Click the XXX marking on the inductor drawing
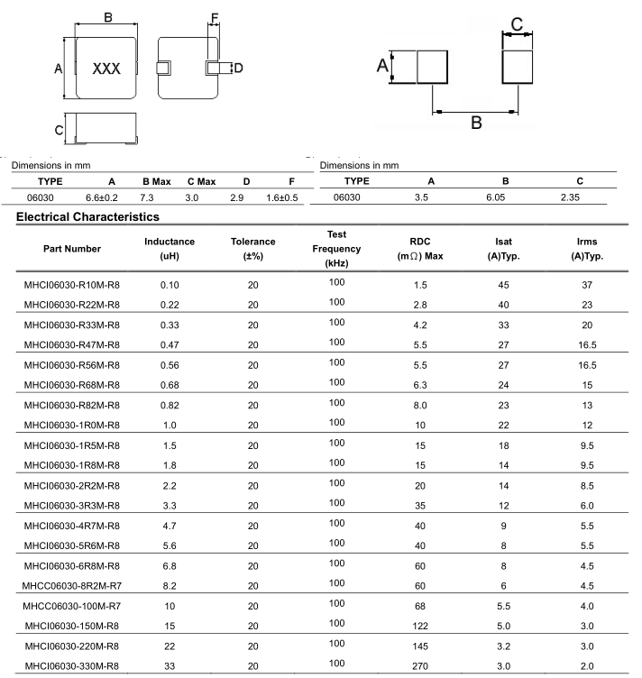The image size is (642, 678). coord(106,69)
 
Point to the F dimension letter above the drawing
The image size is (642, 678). coord(214,19)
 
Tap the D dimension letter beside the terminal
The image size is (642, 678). coord(238,68)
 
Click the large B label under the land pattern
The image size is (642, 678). coord(476,123)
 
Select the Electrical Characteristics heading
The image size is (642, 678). coord(87,216)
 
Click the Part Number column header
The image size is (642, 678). coord(72,249)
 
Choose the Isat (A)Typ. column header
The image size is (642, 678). coord(503,249)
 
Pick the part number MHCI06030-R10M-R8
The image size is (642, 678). coord(72,285)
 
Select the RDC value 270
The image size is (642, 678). coord(420,667)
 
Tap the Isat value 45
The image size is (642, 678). coord(503,285)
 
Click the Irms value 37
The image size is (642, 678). coord(587,285)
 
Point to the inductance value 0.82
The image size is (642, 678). coord(170,406)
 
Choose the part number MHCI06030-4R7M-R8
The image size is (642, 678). coord(72,526)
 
